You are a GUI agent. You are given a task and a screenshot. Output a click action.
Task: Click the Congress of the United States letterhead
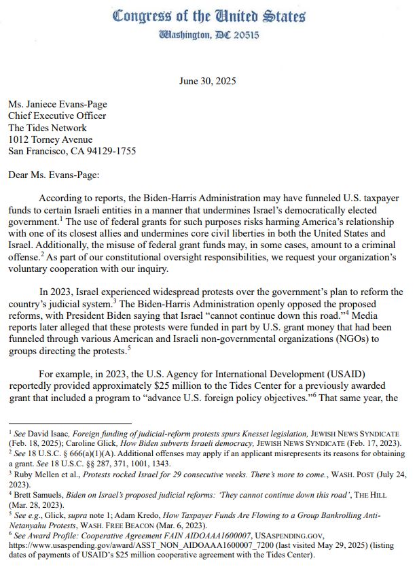point(208,16)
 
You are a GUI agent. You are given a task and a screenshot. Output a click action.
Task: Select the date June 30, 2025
point(208,81)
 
